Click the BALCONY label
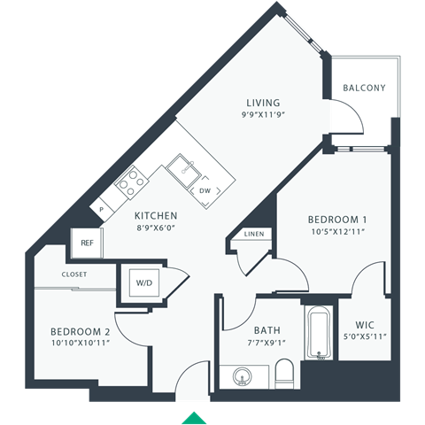pyautogui.click(x=364, y=88)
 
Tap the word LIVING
pyautogui.click(x=260, y=103)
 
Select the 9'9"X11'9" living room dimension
pyautogui.click(x=260, y=115)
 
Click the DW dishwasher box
pyautogui.click(x=205, y=190)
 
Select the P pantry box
pyautogui.click(x=102, y=209)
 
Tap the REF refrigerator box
pyautogui.click(x=87, y=242)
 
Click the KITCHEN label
pyautogui.click(x=156, y=215)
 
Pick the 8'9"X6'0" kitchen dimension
pyautogui.click(x=156, y=228)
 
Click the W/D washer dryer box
pyautogui.click(x=143, y=284)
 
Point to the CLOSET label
pyautogui.click(x=74, y=274)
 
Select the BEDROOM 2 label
pyautogui.click(x=80, y=332)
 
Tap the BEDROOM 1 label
pyautogui.click(x=337, y=219)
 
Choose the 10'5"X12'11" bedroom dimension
pyautogui.click(x=337, y=231)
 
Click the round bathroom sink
pyautogui.click(x=243, y=376)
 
